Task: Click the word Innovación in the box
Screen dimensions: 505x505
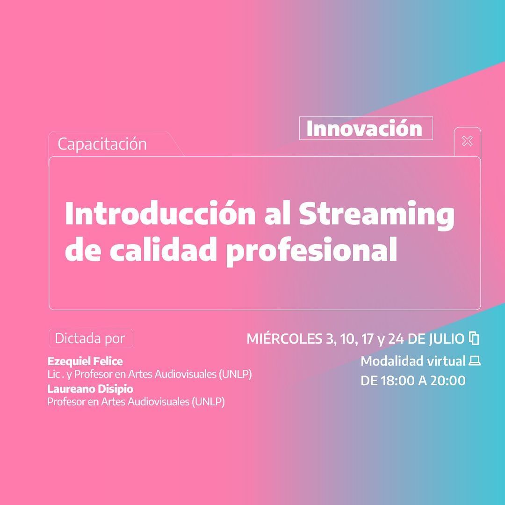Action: tap(364, 129)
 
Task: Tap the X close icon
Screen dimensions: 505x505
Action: tap(467, 141)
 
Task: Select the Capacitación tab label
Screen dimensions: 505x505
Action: tap(102, 144)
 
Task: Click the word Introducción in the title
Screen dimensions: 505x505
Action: tap(160, 213)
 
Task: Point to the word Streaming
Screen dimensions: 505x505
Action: tap(377, 215)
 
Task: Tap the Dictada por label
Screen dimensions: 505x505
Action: tap(90, 338)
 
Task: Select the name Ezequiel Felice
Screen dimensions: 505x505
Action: tap(85, 361)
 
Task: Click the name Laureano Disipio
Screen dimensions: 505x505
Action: tap(90, 389)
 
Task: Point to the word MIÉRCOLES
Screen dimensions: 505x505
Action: tap(284, 339)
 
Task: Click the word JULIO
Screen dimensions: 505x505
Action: tap(447, 339)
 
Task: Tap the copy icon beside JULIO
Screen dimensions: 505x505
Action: tap(475, 338)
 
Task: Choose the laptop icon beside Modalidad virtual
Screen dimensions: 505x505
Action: tap(475, 361)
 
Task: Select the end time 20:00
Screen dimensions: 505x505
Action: tap(448, 381)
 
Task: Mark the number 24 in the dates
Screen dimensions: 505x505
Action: tap(396, 339)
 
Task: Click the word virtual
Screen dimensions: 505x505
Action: tap(447, 361)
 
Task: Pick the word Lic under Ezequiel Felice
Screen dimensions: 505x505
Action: tap(53, 374)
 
